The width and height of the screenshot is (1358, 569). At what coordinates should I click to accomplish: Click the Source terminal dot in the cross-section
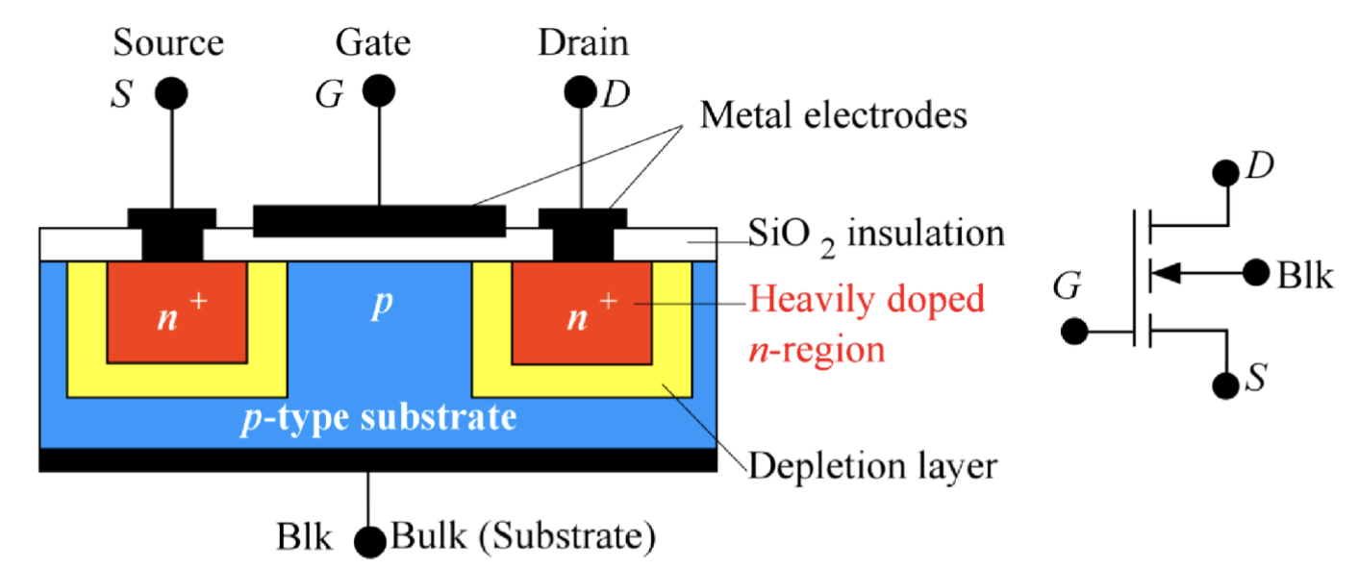point(172,92)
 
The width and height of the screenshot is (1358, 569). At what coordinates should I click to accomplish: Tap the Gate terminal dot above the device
point(378,92)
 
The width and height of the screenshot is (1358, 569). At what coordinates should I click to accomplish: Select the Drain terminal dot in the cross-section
point(580,92)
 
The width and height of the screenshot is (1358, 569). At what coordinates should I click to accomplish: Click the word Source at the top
point(168,43)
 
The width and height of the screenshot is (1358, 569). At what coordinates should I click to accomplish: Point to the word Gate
point(373,43)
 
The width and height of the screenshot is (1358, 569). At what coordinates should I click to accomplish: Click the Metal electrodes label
point(833,116)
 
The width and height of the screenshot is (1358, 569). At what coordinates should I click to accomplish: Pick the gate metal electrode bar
point(378,221)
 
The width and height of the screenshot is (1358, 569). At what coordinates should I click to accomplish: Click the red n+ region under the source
point(176,312)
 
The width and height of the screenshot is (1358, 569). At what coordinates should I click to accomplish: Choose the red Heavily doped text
point(867,300)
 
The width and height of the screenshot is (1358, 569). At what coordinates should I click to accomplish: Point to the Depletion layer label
point(872,467)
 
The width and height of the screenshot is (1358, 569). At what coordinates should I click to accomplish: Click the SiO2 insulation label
point(876,234)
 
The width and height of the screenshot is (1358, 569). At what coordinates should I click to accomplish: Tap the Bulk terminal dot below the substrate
point(368,542)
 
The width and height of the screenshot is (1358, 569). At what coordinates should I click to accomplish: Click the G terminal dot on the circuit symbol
point(1074,333)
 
